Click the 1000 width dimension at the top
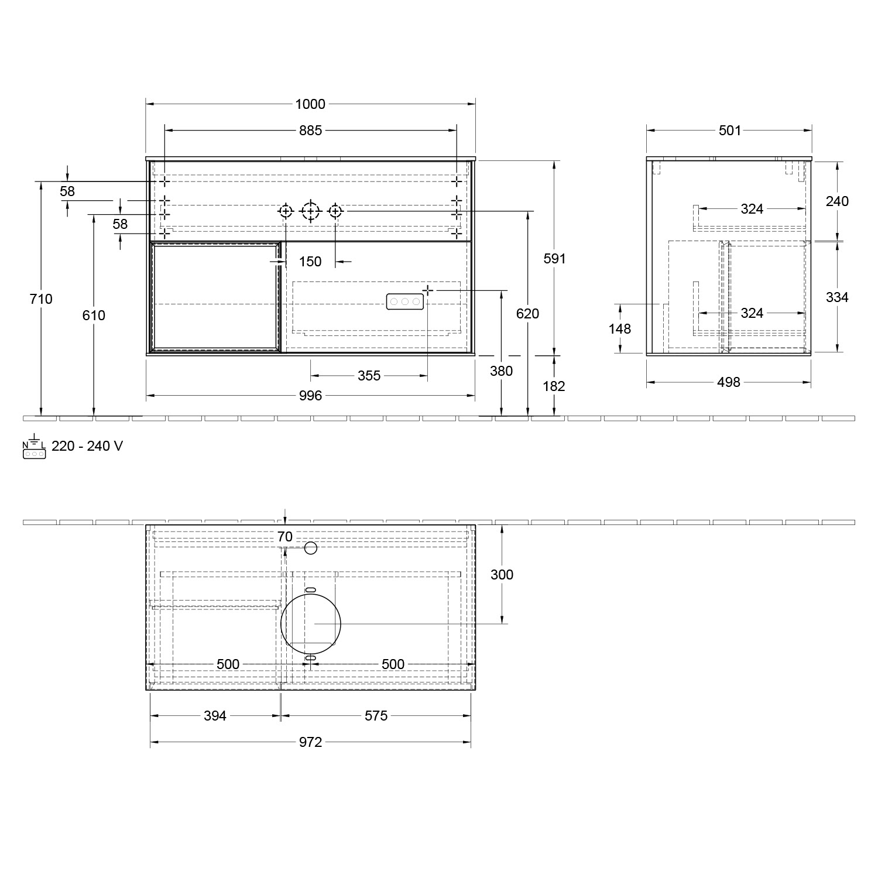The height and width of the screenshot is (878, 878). click(x=310, y=104)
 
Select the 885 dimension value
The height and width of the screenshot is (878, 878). click(x=310, y=131)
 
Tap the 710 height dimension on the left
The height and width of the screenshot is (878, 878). click(x=41, y=299)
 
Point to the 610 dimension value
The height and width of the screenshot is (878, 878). click(x=94, y=315)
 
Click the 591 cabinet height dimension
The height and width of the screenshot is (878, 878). click(x=554, y=258)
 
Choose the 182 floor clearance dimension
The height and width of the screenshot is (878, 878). click(x=554, y=386)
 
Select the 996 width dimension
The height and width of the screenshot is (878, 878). click(x=310, y=396)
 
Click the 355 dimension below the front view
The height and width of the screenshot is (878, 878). click(x=369, y=376)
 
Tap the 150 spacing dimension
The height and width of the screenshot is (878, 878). click(x=310, y=262)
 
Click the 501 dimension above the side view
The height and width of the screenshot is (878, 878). click(x=729, y=131)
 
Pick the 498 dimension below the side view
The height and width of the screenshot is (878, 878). click(x=728, y=382)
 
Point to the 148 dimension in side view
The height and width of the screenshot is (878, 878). click(x=619, y=329)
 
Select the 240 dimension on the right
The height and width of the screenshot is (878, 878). click(x=837, y=201)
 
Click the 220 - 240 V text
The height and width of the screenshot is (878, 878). click(x=87, y=446)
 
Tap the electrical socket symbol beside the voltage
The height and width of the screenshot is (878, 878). click(x=34, y=447)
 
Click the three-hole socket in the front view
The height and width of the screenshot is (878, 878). click(x=404, y=301)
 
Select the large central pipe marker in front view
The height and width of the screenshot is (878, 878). click(x=310, y=211)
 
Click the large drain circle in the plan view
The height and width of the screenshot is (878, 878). click(x=311, y=623)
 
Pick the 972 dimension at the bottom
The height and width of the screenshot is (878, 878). click(x=310, y=742)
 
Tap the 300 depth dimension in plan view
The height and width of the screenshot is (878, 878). click(x=502, y=575)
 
